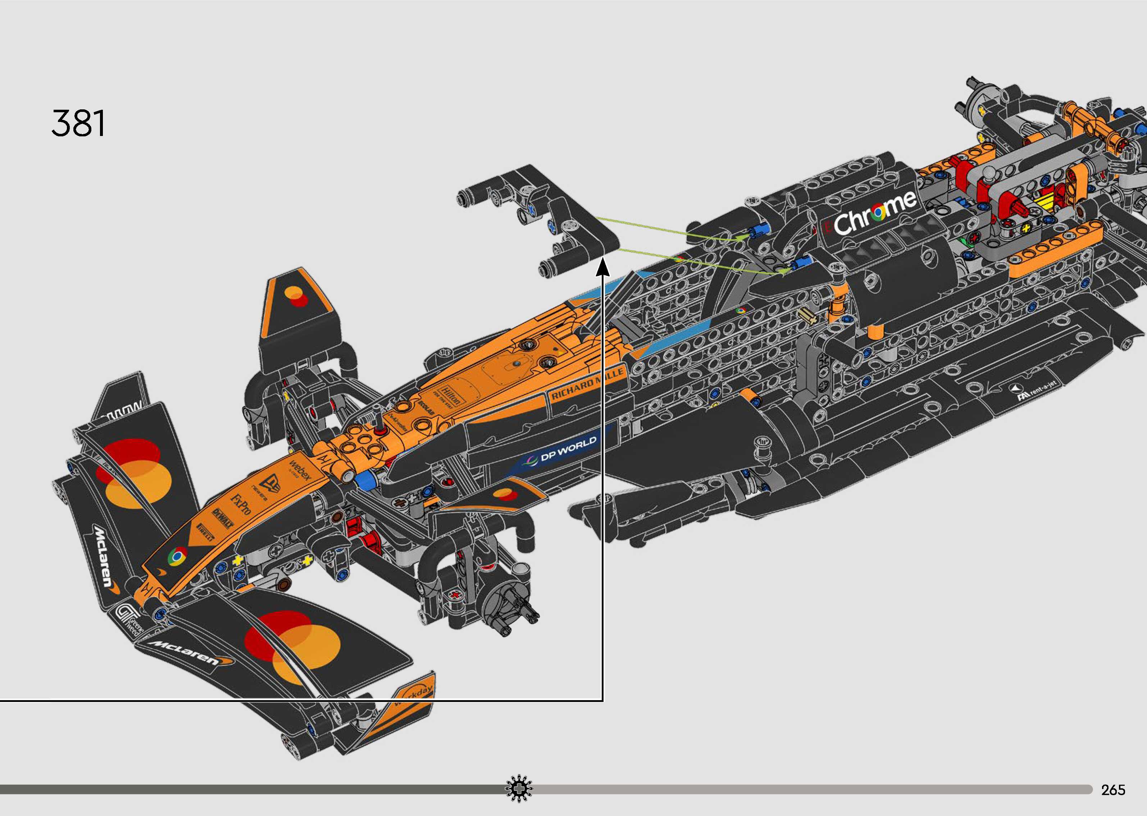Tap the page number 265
click(x=1113, y=790)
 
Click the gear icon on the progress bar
click(x=518, y=789)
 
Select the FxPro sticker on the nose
click(x=240, y=503)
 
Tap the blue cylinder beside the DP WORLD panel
click(x=365, y=480)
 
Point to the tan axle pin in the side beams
click(x=806, y=316)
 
